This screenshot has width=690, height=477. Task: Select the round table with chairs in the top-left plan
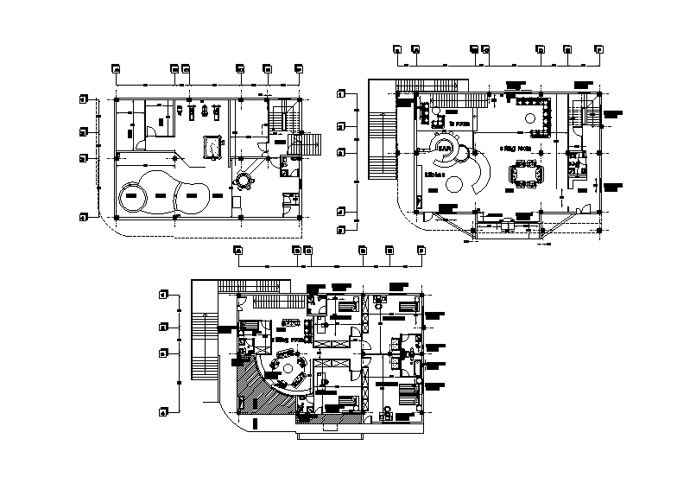point(244,181)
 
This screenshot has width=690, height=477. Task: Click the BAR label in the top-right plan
point(445,149)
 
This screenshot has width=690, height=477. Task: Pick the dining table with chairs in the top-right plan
point(526,175)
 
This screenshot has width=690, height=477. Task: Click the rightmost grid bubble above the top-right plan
point(598,50)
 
